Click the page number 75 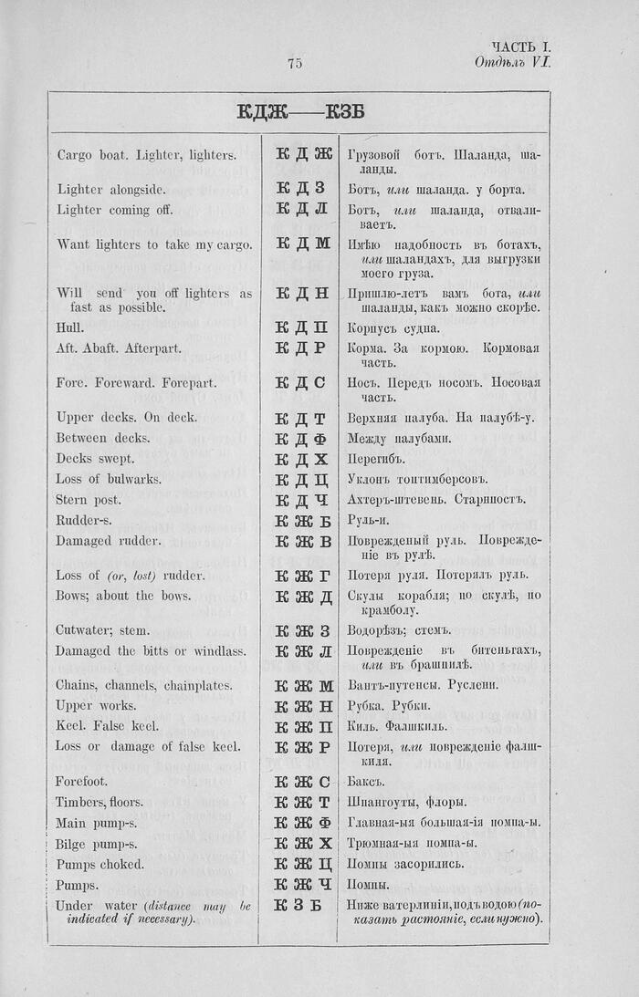pos(295,63)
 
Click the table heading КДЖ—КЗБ pos(300,112)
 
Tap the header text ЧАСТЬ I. pos(520,47)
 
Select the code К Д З pos(300,189)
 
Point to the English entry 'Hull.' pos(70,327)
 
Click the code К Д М pos(302,244)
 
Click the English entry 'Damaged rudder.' pos(108,541)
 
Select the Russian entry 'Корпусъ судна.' pos(393,328)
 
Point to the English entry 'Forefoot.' pos(81,782)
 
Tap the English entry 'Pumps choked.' pos(99,864)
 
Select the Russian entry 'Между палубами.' pos(399,438)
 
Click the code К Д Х pos(301,459)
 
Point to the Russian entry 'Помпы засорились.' pos(405,864)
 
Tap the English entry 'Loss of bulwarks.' pos(109,479)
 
